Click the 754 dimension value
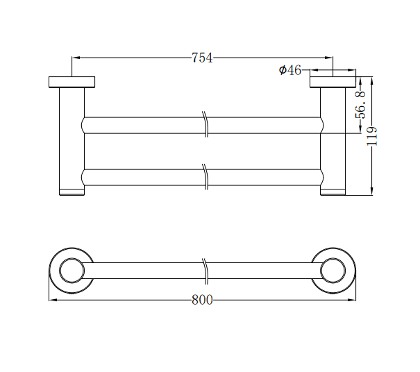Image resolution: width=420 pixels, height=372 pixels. (202, 58)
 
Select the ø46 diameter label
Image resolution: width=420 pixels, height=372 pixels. (289, 70)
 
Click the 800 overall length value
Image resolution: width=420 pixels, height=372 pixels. (202, 300)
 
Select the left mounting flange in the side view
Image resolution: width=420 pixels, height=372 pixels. (72, 82)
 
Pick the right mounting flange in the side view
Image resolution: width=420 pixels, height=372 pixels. (333, 82)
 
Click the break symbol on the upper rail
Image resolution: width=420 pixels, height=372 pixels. (205, 125)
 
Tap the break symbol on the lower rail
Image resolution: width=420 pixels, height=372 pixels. (205, 177)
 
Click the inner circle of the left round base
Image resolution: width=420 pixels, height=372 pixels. (71, 271)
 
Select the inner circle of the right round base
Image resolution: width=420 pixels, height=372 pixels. (333, 271)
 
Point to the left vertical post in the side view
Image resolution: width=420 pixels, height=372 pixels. (71, 139)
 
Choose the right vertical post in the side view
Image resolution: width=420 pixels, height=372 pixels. (333, 139)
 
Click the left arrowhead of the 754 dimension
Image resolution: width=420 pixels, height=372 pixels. (75, 58)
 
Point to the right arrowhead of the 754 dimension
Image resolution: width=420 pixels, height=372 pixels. (330, 58)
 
